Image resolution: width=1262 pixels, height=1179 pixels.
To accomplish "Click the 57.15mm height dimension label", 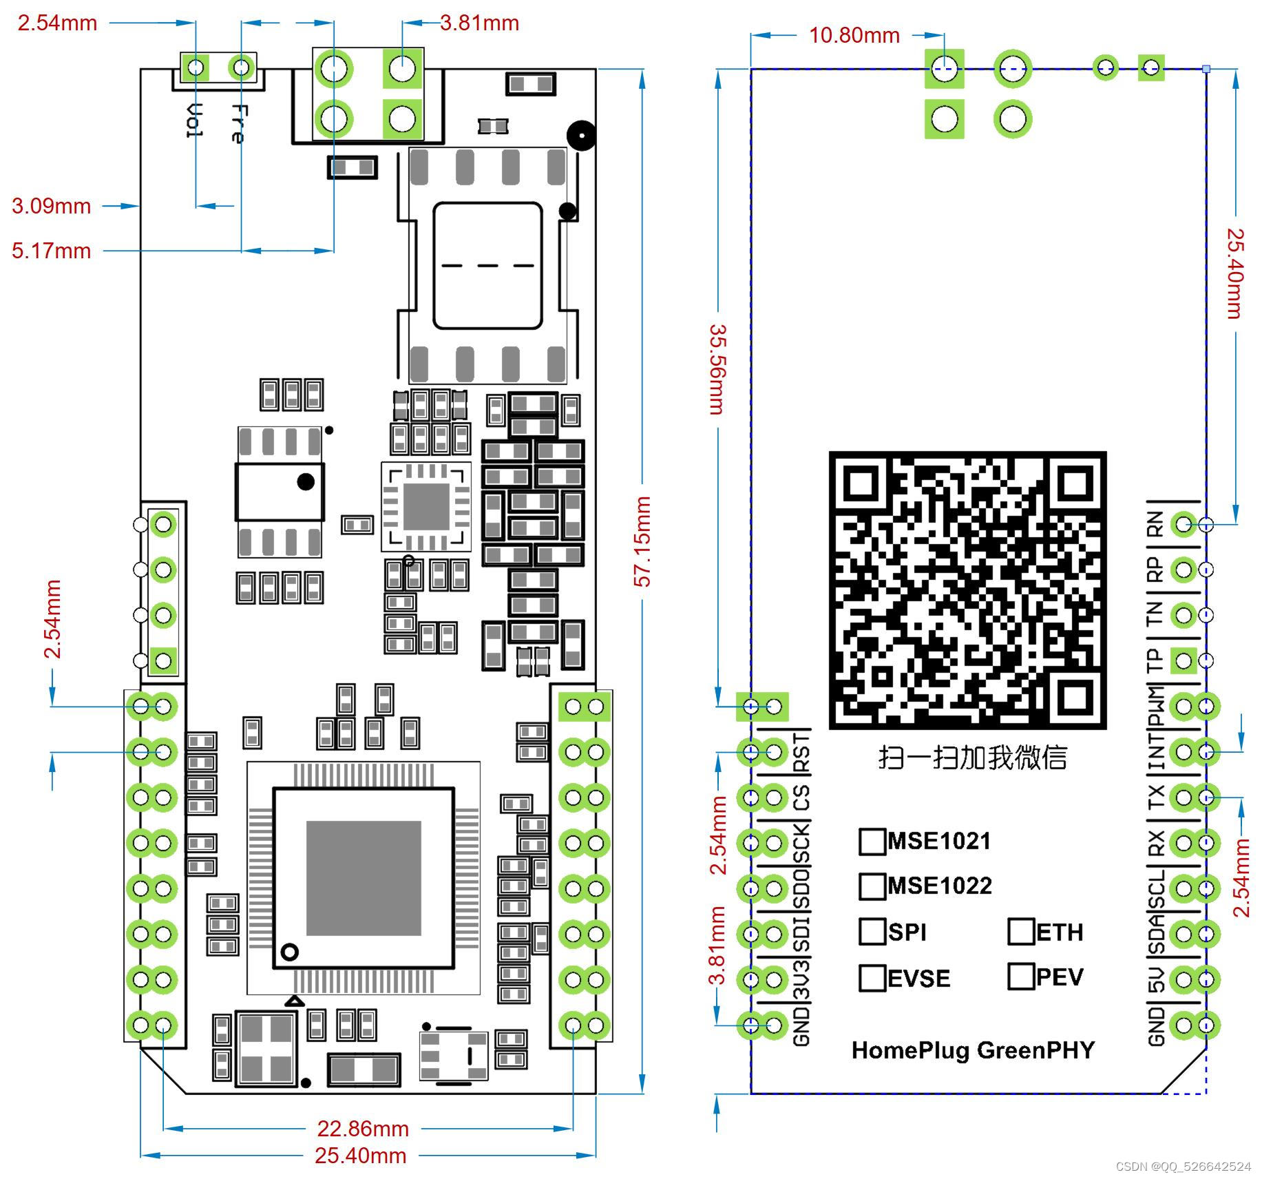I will (642, 541).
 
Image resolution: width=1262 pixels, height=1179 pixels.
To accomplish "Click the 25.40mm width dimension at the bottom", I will (360, 1155).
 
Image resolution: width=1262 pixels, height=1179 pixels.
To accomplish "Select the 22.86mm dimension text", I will (363, 1128).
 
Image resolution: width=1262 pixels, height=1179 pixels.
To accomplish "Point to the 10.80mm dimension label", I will (854, 35).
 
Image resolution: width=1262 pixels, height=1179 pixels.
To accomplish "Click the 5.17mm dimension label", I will (52, 251).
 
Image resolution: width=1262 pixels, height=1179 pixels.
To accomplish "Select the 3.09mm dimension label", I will (52, 206).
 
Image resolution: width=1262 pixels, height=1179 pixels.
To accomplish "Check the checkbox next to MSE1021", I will (872, 842).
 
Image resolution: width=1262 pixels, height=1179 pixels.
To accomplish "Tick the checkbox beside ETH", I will (1020, 931).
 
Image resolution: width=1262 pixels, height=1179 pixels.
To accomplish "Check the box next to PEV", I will (1020, 976).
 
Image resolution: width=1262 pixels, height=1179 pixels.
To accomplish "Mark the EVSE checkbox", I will (872, 977).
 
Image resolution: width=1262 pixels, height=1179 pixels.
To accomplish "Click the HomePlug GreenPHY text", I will (972, 1050).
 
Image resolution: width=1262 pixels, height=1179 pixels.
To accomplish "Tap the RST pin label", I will (802, 752).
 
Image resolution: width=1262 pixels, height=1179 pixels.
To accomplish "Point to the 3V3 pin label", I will (802, 979).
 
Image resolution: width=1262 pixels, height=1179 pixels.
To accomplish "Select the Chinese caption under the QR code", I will (972, 758).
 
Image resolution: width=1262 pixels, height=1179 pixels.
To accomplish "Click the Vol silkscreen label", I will (196, 121).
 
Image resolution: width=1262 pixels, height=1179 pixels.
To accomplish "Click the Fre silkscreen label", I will (238, 124).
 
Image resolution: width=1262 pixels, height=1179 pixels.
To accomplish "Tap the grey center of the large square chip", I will (363, 878).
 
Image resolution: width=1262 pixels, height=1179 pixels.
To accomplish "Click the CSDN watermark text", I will (1182, 1167).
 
